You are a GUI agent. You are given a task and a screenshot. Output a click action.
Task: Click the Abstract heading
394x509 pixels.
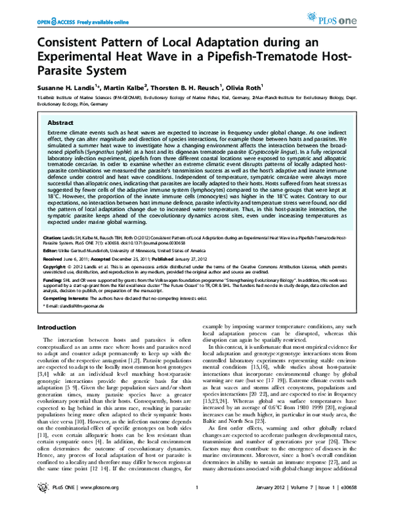63,123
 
